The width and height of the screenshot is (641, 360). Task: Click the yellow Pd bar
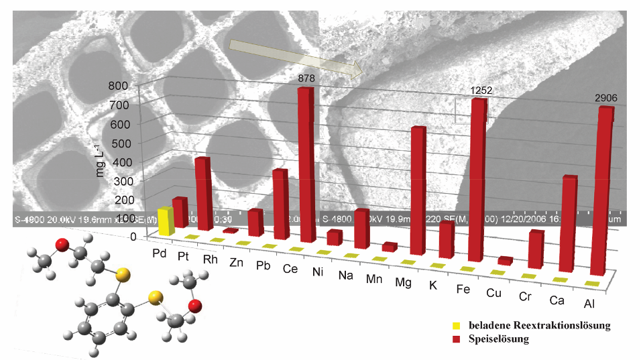coord(166,221)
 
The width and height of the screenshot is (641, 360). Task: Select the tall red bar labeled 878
coord(306,164)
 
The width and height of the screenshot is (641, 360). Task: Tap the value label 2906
coord(605,98)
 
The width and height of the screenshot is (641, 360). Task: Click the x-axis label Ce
coord(291,269)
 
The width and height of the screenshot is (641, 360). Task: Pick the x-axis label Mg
coord(402,284)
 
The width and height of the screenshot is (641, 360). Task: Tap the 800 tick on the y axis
coord(118,86)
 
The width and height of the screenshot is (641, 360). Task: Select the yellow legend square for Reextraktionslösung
coord(455,326)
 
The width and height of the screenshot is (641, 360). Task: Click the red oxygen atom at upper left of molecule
coord(62,244)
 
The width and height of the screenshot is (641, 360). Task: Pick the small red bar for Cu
coord(506,260)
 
